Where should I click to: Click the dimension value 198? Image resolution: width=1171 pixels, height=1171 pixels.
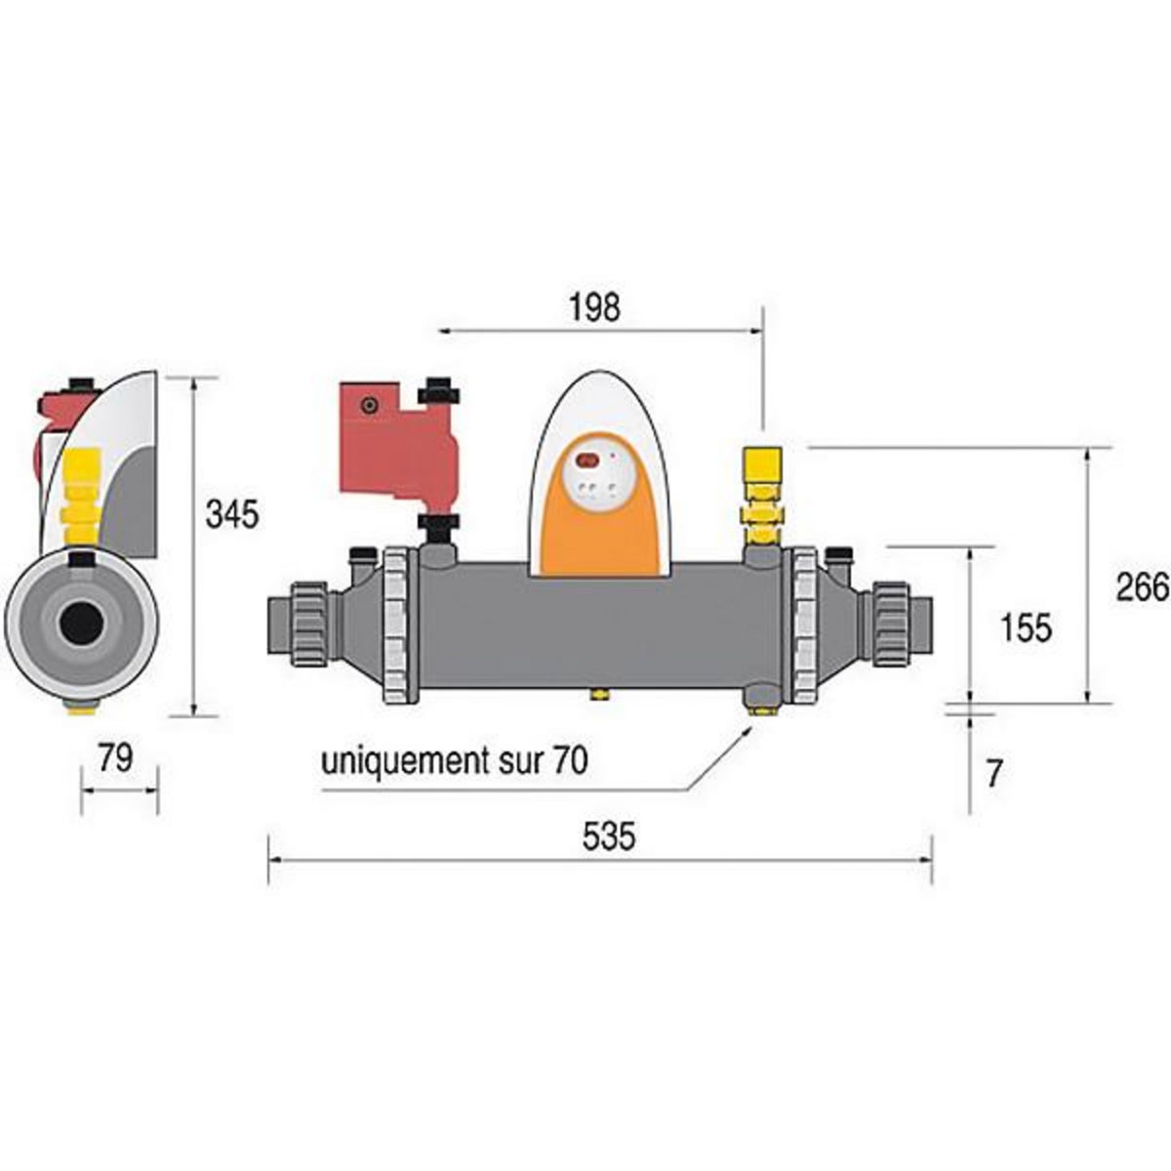pyautogui.click(x=595, y=307)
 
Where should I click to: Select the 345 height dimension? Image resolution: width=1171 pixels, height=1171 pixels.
pyautogui.click(x=232, y=513)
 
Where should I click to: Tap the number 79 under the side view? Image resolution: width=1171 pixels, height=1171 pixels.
pyautogui.click(x=115, y=758)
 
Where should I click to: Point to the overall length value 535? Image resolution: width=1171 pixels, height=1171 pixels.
pyautogui.click(x=609, y=836)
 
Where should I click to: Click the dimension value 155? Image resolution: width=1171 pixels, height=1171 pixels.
pyautogui.click(x=1026, y=626)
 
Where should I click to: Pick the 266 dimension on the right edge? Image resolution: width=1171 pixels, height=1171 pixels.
pyautogui.click(x=1143, y=587)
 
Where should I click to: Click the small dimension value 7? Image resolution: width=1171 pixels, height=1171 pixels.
pyautogui.click(x=993, y=774)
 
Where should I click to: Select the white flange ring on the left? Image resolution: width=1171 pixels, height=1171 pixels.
pyautogui.click(x=400, y=625)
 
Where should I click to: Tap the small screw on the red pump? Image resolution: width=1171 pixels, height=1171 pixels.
pyautogui.click(x=368, y=405)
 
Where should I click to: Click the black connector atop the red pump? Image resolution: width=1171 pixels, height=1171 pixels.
pyautogui.click(x=439, y=392)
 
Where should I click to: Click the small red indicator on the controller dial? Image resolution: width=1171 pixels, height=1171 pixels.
pyautogui.click(x=587, y=460)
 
